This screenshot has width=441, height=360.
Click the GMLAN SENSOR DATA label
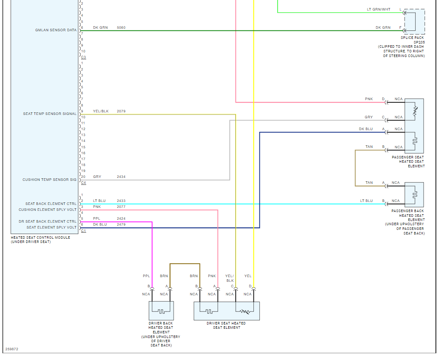(56, 30)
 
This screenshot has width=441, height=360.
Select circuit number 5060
(121, 28)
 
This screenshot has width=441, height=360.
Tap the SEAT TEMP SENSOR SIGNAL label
(50, 114)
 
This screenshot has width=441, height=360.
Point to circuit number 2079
(121, 112)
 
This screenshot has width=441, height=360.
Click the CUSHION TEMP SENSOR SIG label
(49, 180)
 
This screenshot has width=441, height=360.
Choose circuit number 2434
(121, 177)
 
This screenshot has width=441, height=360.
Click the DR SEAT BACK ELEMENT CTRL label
(48, 221)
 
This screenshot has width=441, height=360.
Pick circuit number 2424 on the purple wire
(121, 219)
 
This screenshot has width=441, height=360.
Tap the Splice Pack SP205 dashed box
(414, 22)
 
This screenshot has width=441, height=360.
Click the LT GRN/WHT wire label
(378, 9)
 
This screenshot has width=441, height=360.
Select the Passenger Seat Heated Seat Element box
(414, 126)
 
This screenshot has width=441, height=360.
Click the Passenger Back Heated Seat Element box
(414, 194)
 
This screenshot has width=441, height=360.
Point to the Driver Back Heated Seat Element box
(161, 311)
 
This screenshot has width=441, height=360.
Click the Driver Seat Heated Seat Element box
(226, 311)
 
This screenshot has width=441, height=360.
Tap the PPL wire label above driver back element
(146, 276)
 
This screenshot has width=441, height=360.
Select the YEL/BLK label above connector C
(229, 278)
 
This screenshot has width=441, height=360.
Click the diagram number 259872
(12, 349)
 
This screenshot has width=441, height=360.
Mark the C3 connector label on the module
(83, 57)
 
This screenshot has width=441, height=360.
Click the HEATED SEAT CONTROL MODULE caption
(40, 237)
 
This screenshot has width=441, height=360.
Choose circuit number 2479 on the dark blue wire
(121, 225)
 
